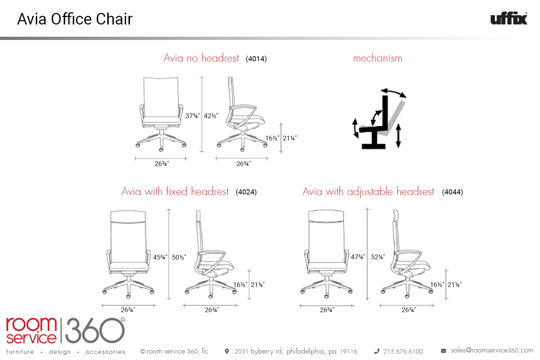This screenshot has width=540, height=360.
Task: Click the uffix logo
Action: [x=509, y=18]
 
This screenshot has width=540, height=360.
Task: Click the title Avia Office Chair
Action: [x=75, y=19]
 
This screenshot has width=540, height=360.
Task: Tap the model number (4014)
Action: [x=256, y=59]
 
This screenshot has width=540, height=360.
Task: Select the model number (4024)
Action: [x=246, y=192]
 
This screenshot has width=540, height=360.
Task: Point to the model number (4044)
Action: [x=453, y=192]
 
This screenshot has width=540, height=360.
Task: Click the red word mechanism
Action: [x=378, y=58]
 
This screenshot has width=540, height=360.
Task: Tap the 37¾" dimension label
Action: [x=192, y=116]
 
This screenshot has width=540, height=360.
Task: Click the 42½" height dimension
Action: [x=211, y=116]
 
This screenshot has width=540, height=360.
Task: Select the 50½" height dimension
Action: [x=179, y=257]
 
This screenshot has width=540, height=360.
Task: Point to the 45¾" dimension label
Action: [x=160, y=257]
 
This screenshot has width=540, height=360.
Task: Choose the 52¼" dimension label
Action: [x=378, y=257]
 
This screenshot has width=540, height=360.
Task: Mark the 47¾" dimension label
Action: [x=358, y=257]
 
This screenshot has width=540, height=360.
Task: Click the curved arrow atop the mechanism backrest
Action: [x=394, y=92]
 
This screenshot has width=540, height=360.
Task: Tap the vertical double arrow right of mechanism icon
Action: [x=398, y=135]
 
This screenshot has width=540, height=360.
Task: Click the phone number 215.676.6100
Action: [x=403, y=351]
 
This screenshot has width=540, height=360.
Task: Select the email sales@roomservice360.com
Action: [x=492, y=350]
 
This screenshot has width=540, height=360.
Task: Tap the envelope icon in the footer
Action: [x=443, y=351]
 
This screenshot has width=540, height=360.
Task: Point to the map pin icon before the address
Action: [x=226, y=351]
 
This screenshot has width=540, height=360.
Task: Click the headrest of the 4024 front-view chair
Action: [x=128, y=216]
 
